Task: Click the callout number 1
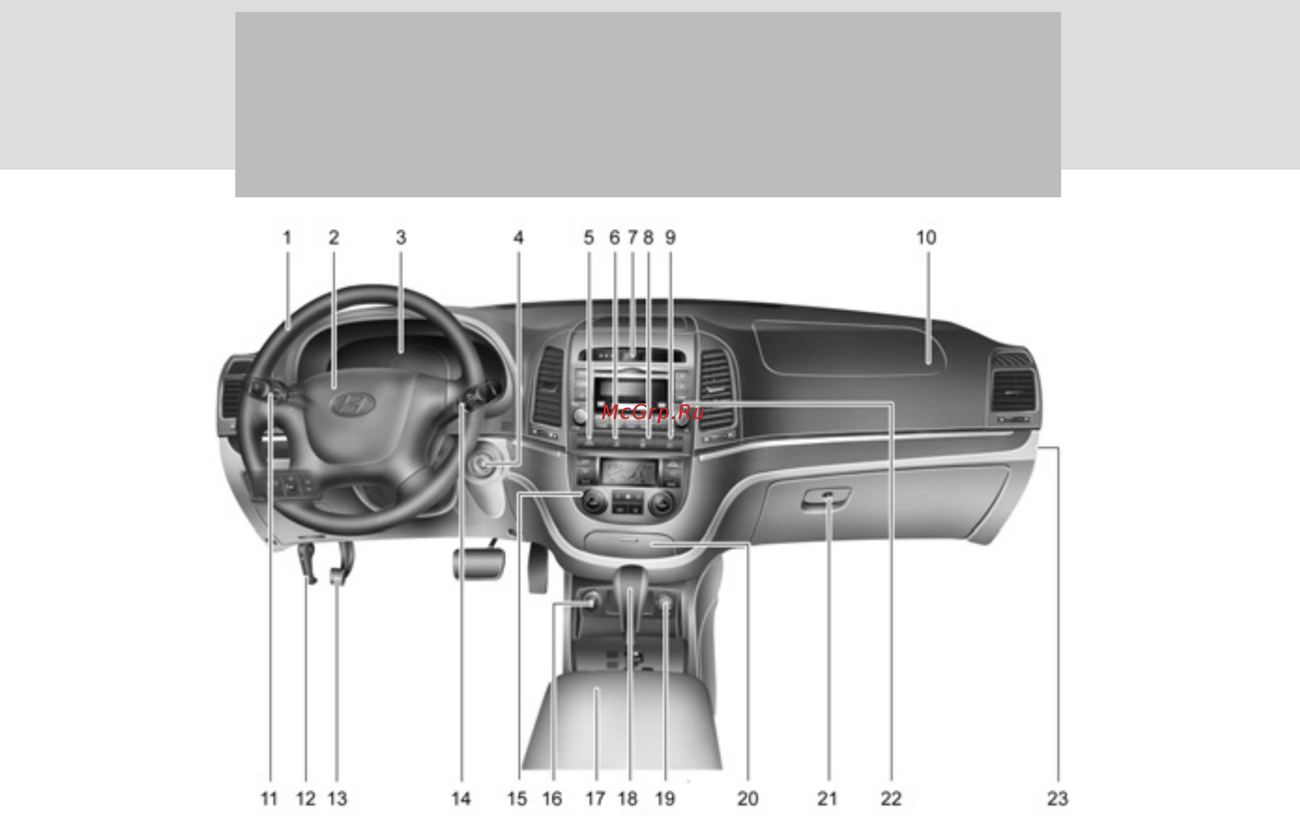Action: click(x=287, y=237)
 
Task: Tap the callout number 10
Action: click(x=926, y=237)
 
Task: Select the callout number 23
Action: click(x=1057, y=798)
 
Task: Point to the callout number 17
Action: click(x=595, y=798)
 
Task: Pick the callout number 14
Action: click(x=461, y=798)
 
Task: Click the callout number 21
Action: click(x=826, y=798)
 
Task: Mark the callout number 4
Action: click(x=518, y=237)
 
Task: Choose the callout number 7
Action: click(x=632, y=237)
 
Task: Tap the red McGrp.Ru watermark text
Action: click(x=653, y=413)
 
